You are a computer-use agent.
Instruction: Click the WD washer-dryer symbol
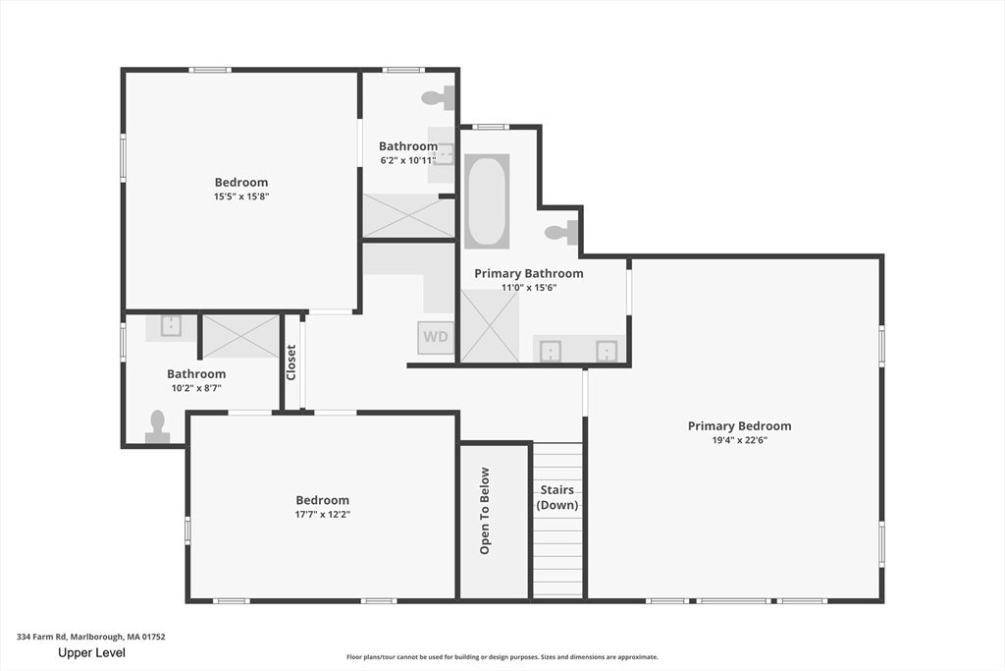[436, 337]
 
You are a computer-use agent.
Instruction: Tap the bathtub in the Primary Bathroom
[487, 200]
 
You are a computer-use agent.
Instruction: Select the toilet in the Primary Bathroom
[561, 232]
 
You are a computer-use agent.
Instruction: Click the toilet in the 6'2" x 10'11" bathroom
[439, 98]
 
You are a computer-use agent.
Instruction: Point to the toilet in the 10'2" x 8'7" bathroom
[158, 427]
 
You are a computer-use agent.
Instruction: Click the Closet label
[291, 363]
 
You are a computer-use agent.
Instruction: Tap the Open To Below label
[485, 511]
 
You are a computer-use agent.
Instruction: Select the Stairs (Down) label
[557, 497]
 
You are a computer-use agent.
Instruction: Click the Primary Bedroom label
[740, 426]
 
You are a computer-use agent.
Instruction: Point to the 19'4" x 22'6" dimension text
[740, 440]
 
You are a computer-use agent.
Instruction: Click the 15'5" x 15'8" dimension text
[241, 196]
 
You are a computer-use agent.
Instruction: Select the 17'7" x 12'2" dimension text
[322, 514]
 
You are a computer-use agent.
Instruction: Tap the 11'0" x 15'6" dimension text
[529, 288]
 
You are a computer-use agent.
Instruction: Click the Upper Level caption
[91, 653]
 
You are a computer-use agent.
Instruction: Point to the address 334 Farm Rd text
[41, 637]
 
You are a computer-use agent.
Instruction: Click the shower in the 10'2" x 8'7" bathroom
[241, 336]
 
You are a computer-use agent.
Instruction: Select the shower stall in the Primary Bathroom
[490, 326]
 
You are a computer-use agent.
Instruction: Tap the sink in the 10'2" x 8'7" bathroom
[171, 325]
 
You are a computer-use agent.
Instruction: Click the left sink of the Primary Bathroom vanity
[550, 352]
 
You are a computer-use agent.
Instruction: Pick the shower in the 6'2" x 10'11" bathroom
[409, 215]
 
